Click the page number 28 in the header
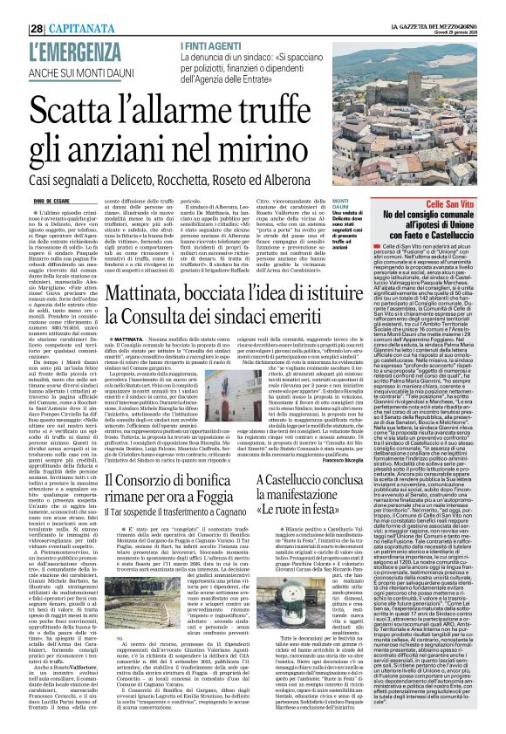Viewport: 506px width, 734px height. click(x=14, y=7)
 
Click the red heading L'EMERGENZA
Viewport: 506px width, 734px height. click(x=58, y=29)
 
